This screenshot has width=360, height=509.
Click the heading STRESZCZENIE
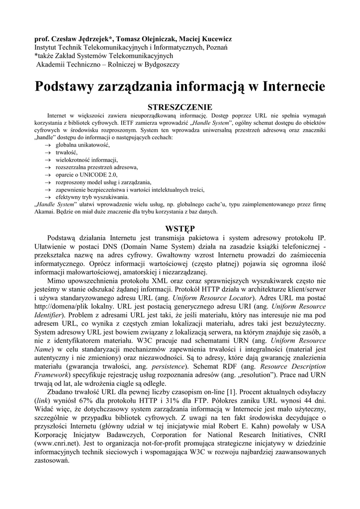click(x=180, y=107)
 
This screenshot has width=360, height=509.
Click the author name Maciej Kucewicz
click(x=196, y=38)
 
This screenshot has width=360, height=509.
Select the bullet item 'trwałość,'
click(x=67, y=152)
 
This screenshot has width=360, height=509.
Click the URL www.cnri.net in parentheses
click(x=54, y=442)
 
